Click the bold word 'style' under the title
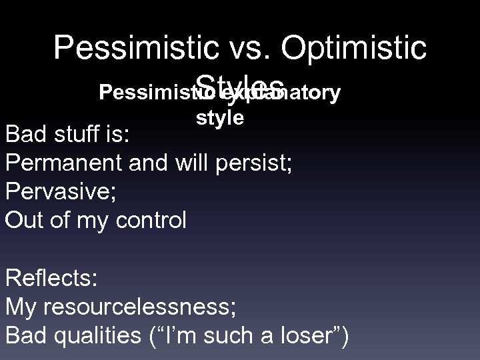(219, 118)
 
